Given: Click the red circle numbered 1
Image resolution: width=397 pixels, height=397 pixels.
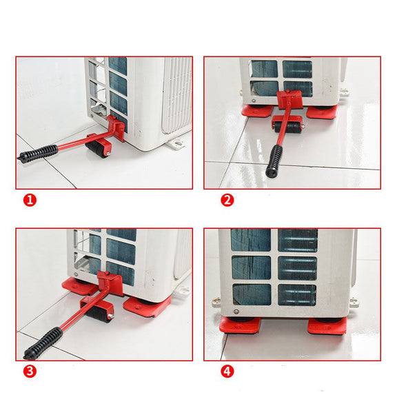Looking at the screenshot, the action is (x=30, y=200).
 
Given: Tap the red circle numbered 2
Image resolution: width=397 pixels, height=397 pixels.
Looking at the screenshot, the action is (x=227, y=200).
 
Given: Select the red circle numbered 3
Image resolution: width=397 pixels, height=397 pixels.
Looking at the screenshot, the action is (x=30, y=371).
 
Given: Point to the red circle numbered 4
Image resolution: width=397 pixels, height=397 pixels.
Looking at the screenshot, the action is (x=227, y=371).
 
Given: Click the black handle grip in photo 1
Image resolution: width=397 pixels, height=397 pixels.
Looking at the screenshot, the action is (x=37, y=154).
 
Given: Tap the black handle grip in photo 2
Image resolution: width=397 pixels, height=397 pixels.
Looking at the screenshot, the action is (x=274, y=161).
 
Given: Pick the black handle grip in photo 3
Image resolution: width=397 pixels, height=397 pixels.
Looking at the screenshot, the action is (x=43, y=343).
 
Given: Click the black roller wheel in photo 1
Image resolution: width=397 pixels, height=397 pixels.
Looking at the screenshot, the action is (x=96, y=150).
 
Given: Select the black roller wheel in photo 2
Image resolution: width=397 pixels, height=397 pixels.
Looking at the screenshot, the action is (x=287, y=127).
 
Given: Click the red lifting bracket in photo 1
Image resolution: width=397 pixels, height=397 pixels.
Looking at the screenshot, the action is (x=116, y=127).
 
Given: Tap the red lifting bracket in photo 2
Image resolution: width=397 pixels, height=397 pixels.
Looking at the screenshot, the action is (x=289, y=99).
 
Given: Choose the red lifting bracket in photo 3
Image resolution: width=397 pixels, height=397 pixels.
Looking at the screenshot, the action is (x=110, y=283).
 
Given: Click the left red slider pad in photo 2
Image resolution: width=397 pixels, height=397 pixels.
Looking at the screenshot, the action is (x=257, y=111).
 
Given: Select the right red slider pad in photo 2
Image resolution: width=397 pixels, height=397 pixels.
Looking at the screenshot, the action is (x=322, y=112).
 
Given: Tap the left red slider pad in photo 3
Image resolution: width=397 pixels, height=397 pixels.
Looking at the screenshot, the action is (x=80, y=286).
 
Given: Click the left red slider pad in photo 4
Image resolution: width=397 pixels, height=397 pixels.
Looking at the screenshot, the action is (x=240, y=325).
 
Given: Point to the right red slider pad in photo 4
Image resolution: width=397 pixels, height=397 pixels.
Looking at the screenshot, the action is (x=327, y=327).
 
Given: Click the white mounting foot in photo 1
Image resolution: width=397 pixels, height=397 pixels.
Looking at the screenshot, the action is (x=179, y=144).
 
